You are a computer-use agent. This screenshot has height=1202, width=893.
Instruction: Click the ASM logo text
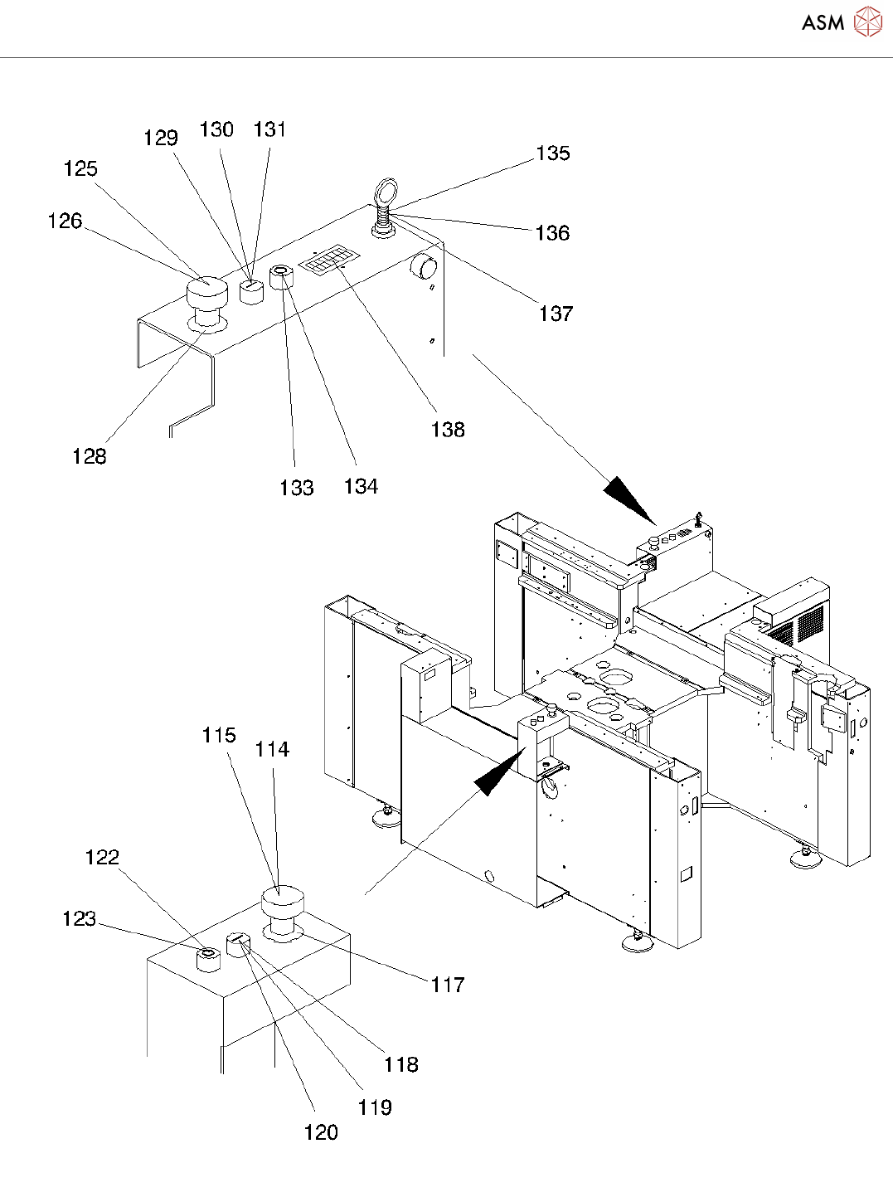coord(823,22)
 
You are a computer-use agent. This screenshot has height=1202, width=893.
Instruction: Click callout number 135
coord(552,153)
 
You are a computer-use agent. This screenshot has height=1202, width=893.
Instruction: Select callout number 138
coord(448,430)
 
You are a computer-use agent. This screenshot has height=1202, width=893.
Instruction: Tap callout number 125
coord(80,169)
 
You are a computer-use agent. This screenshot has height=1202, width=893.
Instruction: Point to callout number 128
coord(89,456)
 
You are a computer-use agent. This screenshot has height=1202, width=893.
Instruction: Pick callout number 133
coord(296,488)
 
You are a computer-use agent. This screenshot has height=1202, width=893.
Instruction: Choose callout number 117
coord(448,985)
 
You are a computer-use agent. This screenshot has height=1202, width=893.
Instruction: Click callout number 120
coord(321,1133)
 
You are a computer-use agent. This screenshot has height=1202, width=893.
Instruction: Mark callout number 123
coord(80,919)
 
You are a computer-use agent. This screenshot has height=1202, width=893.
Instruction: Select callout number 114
coord(272,750)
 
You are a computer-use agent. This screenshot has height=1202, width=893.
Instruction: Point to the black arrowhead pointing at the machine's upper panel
coord(631,499)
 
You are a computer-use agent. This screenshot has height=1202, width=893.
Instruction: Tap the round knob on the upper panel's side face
coord(424,268)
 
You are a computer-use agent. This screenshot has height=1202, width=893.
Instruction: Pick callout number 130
coord(216,129)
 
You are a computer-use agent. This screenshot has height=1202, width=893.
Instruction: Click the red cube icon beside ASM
coord(867,22)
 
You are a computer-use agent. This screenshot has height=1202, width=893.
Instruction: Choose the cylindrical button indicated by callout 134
coord(282,278)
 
